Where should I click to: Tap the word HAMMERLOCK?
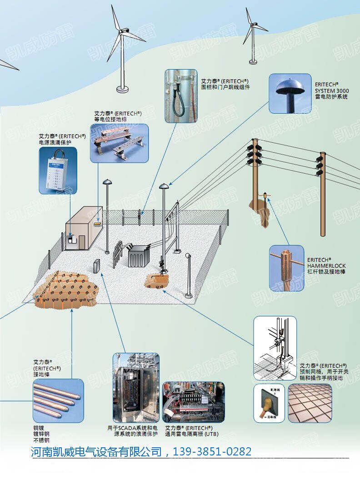click(x=326, y=265)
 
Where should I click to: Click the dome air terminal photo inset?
click(x=290, y=93)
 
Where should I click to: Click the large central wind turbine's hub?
click(x=123, y=30)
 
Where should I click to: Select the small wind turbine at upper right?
click(x=251, y=32)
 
